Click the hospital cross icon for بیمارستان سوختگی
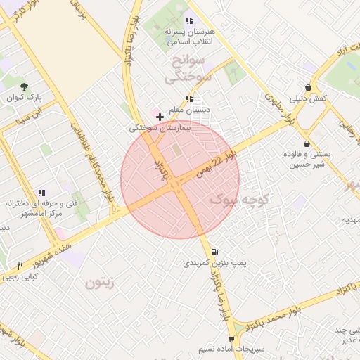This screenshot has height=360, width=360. (160, 117)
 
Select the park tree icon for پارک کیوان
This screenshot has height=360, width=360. (25, 86)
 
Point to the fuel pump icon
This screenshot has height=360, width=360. (214, 251)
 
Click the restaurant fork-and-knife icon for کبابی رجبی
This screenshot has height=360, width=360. (20, 266)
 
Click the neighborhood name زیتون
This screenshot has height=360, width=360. (101, 283)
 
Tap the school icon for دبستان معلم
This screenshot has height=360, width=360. (188, 98)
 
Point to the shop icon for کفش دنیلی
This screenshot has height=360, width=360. (308, 87)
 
